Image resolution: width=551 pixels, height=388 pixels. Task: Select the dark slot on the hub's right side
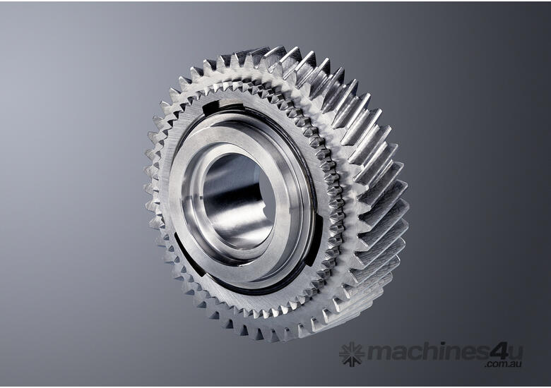pyautogui.click(x=314, y=242)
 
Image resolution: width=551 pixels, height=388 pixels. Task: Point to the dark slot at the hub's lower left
pyautogui.click(x=188, y=255)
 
